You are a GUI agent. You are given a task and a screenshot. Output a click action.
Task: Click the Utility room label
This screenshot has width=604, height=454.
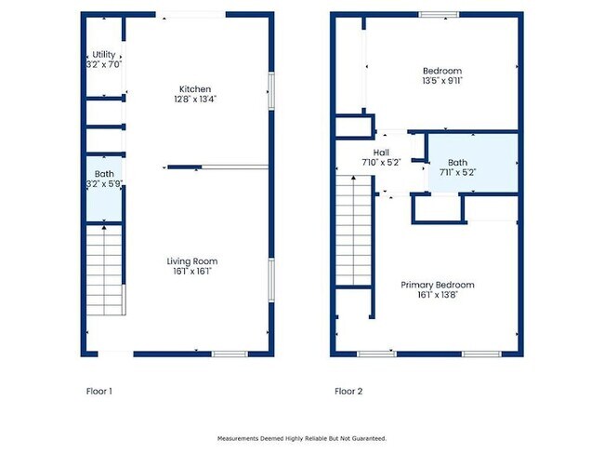[104, 54]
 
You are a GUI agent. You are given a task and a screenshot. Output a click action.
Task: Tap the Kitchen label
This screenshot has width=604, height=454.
[195, 89]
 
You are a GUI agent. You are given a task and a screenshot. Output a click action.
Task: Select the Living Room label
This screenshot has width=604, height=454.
[192, 261]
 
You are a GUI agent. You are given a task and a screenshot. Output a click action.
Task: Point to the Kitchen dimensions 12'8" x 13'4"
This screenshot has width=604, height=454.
[195, 100]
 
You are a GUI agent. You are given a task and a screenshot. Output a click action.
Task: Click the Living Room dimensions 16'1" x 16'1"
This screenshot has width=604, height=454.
[192, 271]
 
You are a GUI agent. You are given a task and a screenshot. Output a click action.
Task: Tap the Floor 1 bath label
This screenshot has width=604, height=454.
[104, 174]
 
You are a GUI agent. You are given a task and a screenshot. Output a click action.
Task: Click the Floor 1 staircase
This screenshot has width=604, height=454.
[104, 270]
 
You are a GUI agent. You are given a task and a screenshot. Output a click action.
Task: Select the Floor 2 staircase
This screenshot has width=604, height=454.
[354, 231]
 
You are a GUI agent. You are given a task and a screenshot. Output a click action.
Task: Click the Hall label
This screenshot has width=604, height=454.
[381, 153]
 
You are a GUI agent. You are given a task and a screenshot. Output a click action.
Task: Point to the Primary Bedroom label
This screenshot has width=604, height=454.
[438, 285]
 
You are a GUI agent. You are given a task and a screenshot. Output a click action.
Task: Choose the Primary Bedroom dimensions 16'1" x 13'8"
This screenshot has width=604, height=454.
[438, 295]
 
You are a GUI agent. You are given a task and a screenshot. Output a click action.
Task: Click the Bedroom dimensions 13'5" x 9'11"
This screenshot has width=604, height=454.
[442, 81]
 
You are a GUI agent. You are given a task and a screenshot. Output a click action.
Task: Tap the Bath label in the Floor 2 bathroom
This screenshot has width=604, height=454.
[457, 163]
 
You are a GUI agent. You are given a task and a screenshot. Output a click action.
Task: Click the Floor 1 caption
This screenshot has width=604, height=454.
[99, 391]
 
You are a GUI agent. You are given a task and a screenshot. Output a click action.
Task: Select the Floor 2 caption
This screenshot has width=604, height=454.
[348, 391]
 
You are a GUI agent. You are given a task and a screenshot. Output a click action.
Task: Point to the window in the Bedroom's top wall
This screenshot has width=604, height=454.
[440, 15]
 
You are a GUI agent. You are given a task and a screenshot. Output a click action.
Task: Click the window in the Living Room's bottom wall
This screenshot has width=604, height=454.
[230, 354]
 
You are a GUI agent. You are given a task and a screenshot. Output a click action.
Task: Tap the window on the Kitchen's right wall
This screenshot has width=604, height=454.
[271, 91]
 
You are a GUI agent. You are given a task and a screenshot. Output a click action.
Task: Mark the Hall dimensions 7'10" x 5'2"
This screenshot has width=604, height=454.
[381, 163]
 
